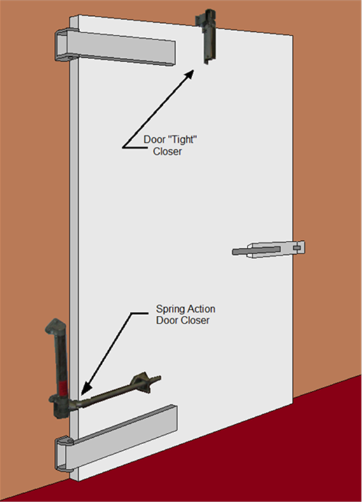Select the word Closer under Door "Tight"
click(x=167, y=151)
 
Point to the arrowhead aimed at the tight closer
click(x=188, y=74)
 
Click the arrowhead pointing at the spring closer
click(x=85, y=388)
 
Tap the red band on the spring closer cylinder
click(x=63, y=388)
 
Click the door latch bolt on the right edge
click(x=268, y=249)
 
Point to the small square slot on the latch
click(x=298, y=247)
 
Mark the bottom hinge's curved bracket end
click(x=64, y=454)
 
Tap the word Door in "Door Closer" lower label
click(x=165, y=320)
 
